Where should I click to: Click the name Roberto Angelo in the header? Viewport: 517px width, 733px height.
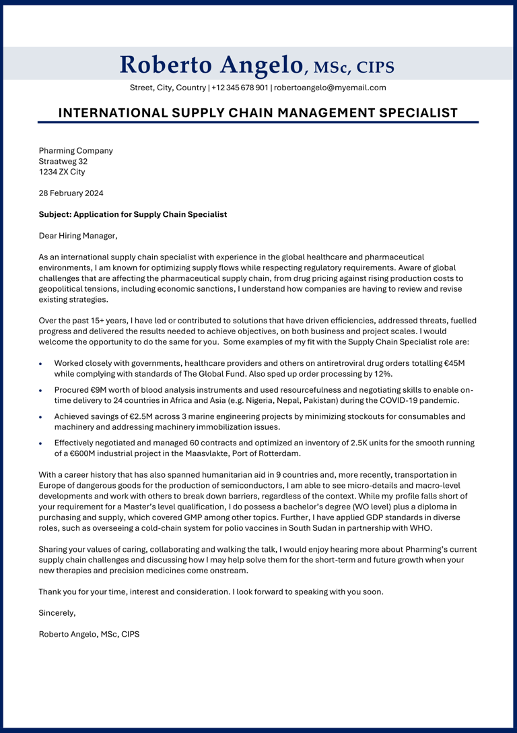click(211, 65)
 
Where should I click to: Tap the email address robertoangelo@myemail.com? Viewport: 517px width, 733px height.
click(330, 88)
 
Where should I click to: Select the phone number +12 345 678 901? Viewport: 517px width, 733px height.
click(240, 88)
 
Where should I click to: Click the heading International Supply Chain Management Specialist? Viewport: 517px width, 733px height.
click(258, 113)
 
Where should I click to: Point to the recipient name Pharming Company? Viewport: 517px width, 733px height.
click(75, 151)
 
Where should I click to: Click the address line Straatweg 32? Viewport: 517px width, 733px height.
click(63, 162)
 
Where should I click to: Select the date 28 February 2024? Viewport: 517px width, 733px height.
click(71, 193)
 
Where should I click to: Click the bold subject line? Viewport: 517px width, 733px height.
click(133, 214)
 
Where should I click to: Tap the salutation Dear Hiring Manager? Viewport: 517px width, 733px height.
click(78, 236)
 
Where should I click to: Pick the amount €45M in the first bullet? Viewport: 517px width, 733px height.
click(454, 363)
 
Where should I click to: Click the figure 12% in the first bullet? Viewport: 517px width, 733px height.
click(382, 374)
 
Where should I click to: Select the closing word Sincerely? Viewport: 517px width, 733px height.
click(57, 613)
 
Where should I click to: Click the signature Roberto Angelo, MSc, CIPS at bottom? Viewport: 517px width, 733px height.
click(89, 634)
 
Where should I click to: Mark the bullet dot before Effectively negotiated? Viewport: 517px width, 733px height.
click(41, 443)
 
